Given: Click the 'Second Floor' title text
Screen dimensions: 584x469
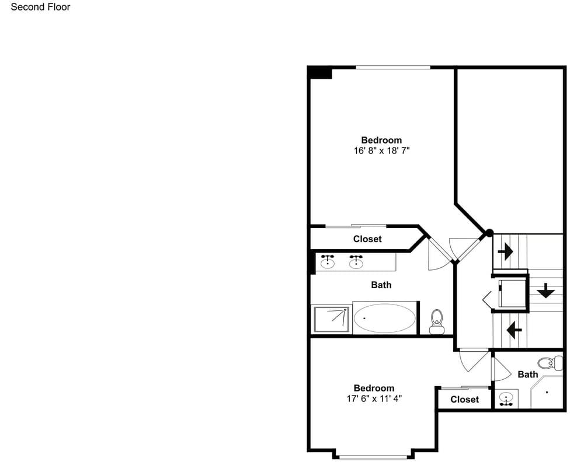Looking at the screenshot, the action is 41,7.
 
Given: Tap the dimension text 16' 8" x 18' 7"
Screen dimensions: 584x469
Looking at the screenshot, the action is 381,150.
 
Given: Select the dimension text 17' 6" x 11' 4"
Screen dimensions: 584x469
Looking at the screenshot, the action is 374,398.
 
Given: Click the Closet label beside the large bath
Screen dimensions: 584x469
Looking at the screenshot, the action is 367,239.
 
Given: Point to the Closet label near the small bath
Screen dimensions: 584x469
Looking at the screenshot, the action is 464,400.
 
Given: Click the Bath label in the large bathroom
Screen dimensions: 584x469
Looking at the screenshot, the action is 381,285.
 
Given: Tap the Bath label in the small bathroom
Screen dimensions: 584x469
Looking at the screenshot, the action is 528,374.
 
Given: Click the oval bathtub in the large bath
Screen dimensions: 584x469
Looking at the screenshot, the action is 384,318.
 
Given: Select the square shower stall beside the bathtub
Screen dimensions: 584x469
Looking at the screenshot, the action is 332,319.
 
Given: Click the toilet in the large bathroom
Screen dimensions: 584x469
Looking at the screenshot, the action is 436,322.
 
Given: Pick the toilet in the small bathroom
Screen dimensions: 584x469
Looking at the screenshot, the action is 551,363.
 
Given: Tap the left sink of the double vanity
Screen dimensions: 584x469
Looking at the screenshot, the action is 328,261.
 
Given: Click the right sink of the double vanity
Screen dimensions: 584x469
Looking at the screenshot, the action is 356,261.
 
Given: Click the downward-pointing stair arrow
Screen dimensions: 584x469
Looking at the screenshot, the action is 545,290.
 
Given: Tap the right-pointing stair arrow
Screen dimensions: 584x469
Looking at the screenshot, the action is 505,252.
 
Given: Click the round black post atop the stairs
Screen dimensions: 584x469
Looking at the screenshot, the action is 489,233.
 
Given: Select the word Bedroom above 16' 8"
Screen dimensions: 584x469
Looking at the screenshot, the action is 381,140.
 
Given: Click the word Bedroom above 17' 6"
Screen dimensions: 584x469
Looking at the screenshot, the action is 374,388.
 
